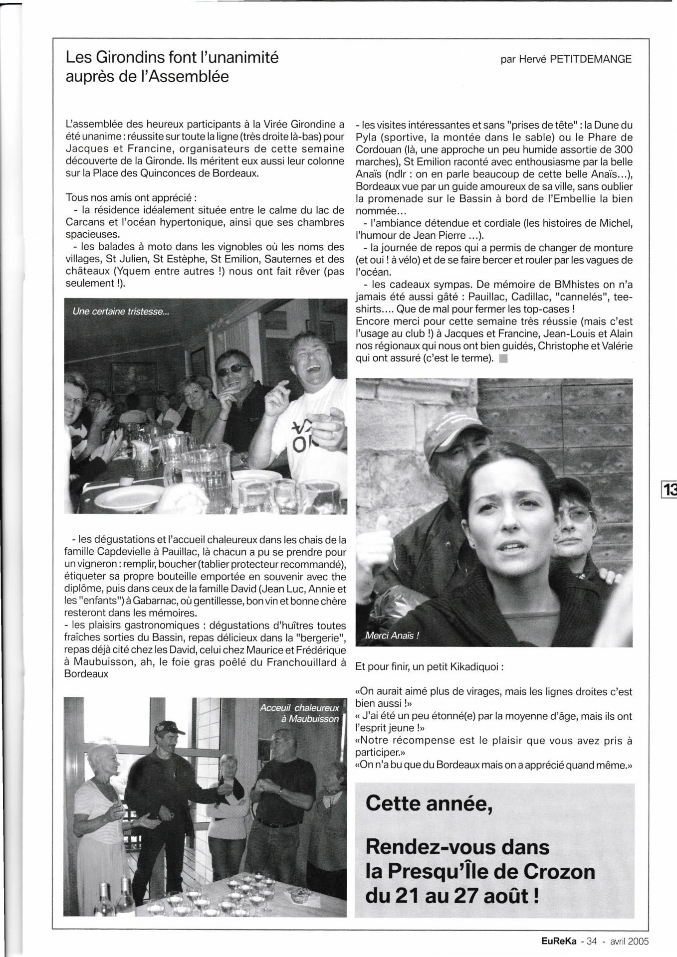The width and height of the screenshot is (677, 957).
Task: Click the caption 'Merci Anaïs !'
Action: [x=392, y=636]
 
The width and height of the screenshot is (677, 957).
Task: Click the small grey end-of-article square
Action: [x=503, y=358]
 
